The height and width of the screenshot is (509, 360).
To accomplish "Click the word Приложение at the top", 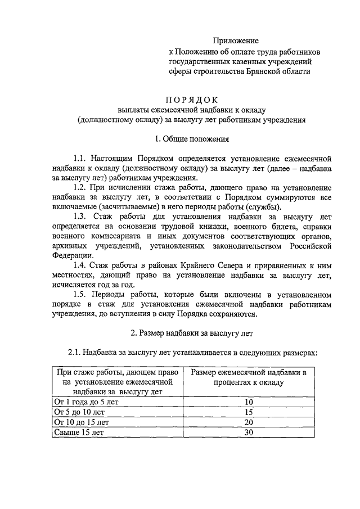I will click(236, 40).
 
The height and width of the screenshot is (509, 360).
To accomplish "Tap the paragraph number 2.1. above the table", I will click(75, 353).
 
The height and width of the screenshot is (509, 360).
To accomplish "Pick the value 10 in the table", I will click(249, 402).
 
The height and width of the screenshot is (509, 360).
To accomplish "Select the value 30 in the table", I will click(249, 433).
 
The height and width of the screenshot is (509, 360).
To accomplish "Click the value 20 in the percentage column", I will click(249, 422).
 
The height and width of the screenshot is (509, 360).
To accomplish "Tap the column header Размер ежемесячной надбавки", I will click(249, 373).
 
